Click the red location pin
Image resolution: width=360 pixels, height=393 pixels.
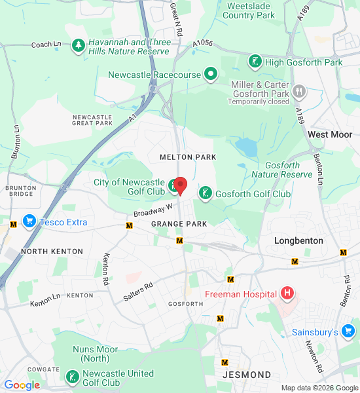[179, 185]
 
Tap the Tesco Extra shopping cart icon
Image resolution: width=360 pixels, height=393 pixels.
[29, 221]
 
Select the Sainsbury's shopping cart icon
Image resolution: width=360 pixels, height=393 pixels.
[348, 332]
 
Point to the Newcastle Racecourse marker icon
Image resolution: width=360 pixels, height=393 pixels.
[211, 74]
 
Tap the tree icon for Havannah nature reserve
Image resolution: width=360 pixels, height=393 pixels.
[79, 46]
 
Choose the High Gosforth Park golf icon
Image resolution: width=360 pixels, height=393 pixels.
[255, 62]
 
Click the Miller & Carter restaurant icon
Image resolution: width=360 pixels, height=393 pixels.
[299, 90]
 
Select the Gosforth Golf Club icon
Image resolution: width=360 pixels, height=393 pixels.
[205, 194]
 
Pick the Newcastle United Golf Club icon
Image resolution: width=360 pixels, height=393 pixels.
[72, 377]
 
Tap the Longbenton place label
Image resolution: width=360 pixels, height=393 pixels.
[298, 240]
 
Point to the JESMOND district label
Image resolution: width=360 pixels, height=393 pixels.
[247, 375]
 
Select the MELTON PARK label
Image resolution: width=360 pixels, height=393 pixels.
[179, 157]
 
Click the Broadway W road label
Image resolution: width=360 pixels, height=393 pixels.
[153, 210]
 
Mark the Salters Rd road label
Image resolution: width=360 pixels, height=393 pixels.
[138, 291]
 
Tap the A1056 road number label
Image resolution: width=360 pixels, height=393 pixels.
[203, 44]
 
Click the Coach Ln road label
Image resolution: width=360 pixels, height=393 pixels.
[46, 45]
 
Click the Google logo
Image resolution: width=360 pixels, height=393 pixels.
[22, 386]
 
